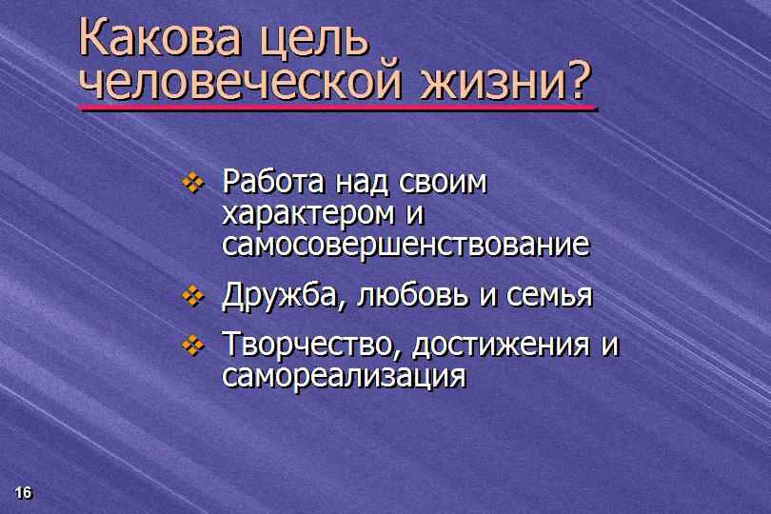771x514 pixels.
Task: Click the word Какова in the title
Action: [x=160, y=37]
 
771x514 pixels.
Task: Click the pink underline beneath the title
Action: [x=337, y=108]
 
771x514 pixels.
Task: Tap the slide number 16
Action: [x=23, y=492]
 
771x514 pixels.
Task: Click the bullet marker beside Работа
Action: [x=193, y=183]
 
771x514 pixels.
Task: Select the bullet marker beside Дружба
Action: [x=193, y=295]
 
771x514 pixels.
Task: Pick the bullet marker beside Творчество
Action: [x=193, y=345]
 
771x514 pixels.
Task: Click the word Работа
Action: [x=273, y=181]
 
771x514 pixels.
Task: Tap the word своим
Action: [x=443, y=183]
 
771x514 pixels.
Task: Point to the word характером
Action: [x=308, y=215]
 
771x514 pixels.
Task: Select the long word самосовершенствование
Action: [x=405, y=245]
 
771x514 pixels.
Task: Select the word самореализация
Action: [x=344, y=377]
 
